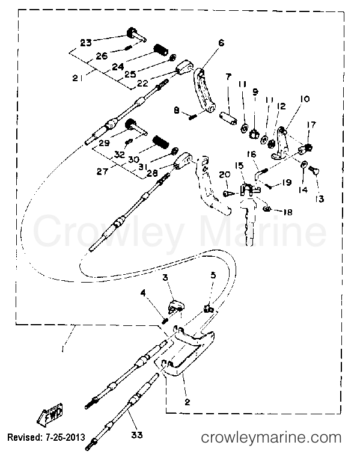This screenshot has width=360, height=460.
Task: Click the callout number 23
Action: click(86, 43)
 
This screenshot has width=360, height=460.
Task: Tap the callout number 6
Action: click(221, 43)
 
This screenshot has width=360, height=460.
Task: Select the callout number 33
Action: click(136, 435)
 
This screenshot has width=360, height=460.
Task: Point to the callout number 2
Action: click(188, 402)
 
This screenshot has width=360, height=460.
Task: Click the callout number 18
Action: click(288, 212)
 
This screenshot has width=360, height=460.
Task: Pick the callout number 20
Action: click(225, 174)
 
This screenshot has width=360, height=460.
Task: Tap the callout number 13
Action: click(320, 199)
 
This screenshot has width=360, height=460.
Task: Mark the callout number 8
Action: click(177, 110)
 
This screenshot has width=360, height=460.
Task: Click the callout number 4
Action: click(143, 293)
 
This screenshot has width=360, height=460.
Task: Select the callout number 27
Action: click(102, 171)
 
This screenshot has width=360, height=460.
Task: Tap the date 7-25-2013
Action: click(65, 437)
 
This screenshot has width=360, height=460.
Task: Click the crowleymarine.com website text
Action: click(271, 438)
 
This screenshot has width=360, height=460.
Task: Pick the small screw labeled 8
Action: click(192, 117)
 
